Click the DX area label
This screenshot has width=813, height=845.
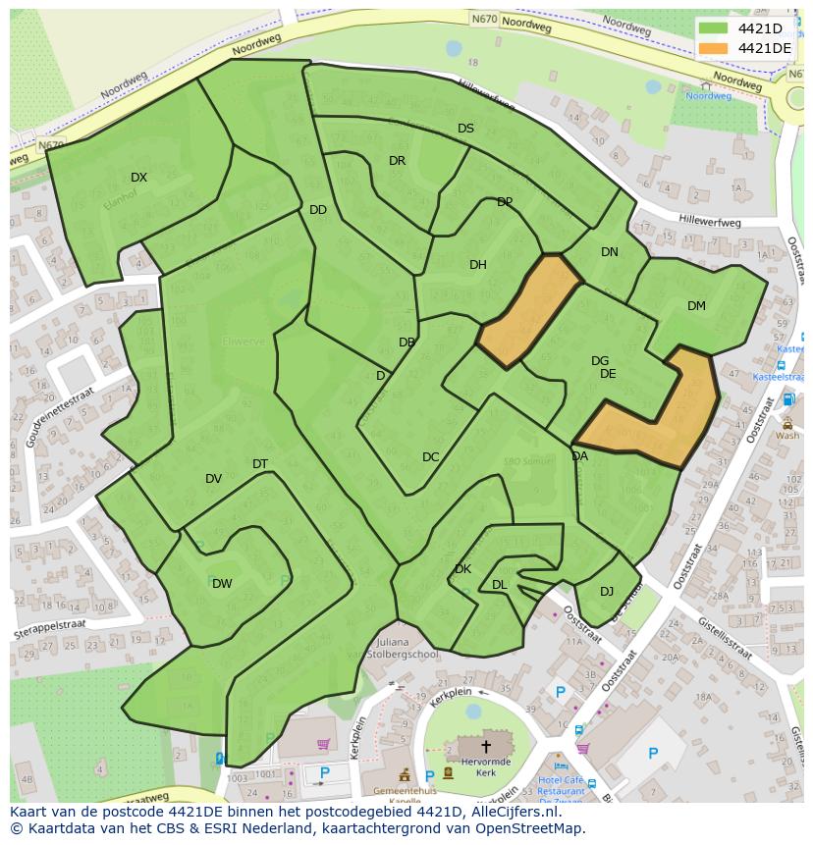(x=138, y=178)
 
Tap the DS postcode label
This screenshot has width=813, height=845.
(x=465, y=129)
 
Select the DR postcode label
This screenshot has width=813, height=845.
(x=397, y=161)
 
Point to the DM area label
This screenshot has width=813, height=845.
(x=696, y=306)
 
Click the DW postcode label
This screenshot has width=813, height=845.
(x=222, y=584)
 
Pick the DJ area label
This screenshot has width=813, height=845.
(x=607, y=591)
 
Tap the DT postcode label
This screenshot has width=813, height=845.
(x=260, y=464)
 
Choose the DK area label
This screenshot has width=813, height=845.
(x=462, y=569)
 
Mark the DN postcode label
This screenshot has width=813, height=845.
(x=610, y=252)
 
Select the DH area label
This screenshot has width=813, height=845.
(x=477, y=265)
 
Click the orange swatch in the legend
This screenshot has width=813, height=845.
(x=714, y=48)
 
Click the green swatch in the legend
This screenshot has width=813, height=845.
(x=714, y=28)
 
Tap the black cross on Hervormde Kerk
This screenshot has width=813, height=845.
(x=485, y=747)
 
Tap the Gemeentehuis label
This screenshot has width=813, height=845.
(x=406, y=790)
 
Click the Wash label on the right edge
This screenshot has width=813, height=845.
(x=786, y=435)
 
